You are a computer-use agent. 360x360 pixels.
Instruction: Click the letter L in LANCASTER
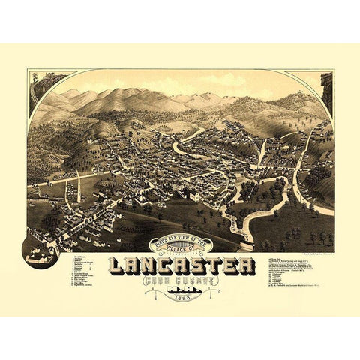117,265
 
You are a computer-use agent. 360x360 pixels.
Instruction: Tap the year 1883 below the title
181,298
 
